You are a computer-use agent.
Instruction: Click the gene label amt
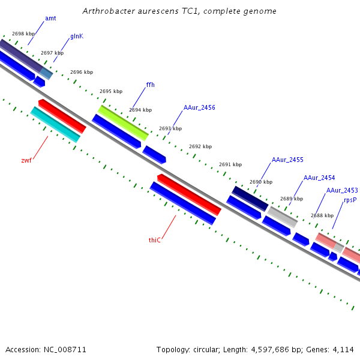50,19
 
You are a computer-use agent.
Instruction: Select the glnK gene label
77,37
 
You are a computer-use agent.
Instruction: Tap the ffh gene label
150,85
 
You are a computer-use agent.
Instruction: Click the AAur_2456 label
199,108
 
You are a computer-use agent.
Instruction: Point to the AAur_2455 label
287,160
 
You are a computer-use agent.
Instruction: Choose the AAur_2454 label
319,178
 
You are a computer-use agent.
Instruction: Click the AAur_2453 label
342,191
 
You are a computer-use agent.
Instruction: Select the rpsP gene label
350,200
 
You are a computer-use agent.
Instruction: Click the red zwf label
26,160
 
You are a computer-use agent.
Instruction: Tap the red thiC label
155,240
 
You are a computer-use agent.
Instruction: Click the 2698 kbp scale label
23,34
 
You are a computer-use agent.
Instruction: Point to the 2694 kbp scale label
140,110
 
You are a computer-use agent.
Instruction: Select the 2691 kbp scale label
230,164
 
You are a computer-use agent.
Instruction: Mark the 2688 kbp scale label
322,215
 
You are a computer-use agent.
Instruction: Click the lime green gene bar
123,122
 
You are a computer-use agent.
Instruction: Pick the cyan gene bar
55,125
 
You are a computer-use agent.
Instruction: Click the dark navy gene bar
250,199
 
